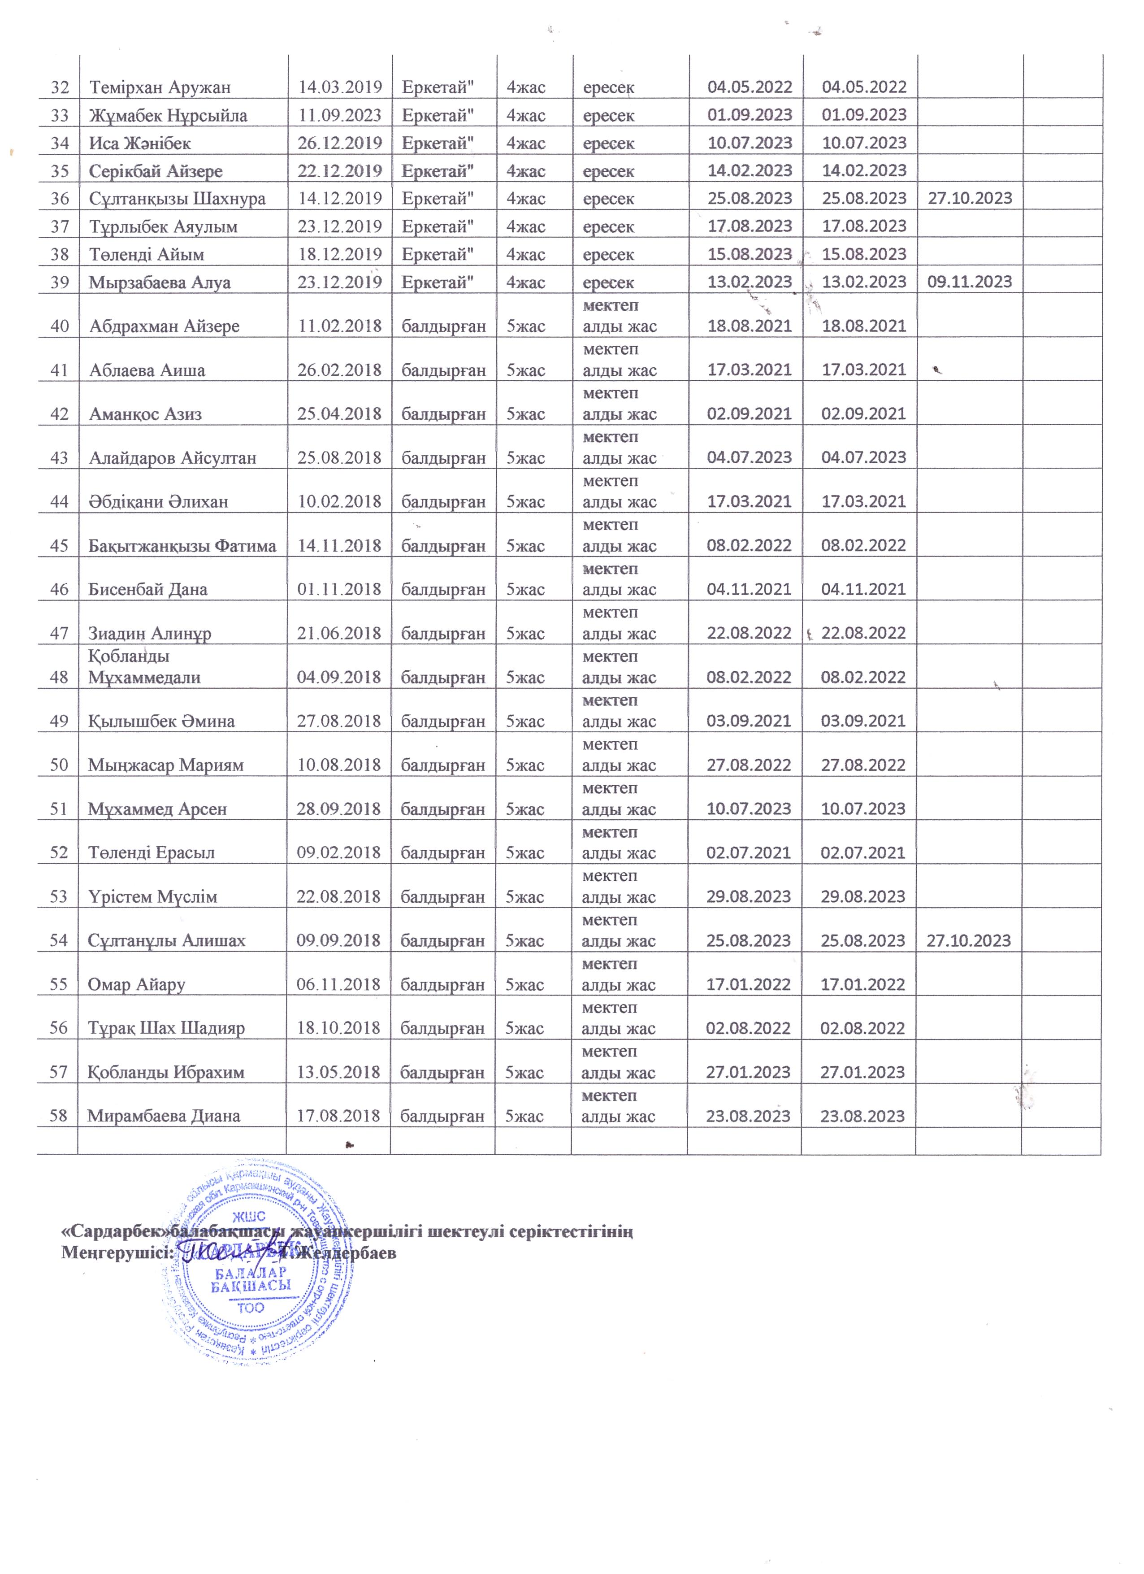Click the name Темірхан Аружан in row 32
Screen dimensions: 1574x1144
[x=160, y=87]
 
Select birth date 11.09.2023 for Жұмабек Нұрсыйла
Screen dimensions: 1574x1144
[x=340, y=115]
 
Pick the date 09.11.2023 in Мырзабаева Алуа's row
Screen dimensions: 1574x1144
[x=970, y=282]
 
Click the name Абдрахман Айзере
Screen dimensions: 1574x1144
[x=165, y=326]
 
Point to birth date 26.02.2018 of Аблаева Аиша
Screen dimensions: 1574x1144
[x=339, y=370]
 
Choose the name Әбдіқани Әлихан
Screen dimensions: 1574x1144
[x=158, y=502]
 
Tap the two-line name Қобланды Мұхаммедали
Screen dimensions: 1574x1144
[x=144, y=667]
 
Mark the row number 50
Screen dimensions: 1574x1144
[x=59, y=765]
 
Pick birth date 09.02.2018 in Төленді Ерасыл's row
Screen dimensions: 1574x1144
[x=338, y=852]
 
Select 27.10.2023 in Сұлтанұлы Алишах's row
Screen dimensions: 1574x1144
[x=968, y=940]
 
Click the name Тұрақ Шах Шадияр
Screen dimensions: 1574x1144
[x=166, y=1028]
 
